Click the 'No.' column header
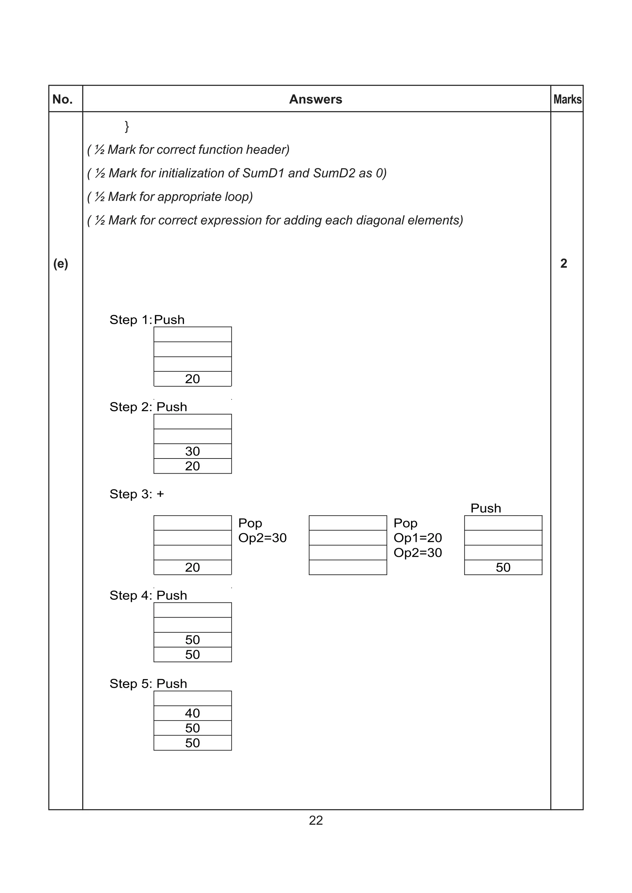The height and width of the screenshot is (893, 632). point(62,100)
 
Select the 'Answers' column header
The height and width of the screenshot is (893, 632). point(315,100)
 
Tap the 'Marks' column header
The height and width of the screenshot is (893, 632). point(568,100)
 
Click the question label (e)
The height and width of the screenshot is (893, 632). point(61,264)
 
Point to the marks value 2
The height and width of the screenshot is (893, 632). point(563,264)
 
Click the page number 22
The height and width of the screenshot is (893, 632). point(315,821)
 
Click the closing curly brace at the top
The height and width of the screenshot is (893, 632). point(127,126)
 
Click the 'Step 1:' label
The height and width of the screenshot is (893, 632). point(131,320)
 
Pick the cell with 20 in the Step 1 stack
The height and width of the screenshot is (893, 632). point(192,379)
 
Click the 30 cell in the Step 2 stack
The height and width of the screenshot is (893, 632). point(192,451)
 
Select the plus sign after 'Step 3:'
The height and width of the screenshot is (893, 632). point(160,494)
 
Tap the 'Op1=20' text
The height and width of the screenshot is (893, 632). point(418,538)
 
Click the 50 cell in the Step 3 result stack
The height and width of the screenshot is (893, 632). point(503,568)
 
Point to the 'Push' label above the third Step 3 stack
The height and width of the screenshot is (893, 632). point(486,508)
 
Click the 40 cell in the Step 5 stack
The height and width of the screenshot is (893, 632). point(192,713)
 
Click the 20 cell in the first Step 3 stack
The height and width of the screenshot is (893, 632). point(192,568)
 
